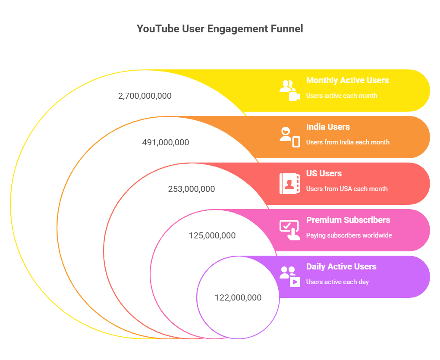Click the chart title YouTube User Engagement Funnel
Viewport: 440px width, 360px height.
(220, 29)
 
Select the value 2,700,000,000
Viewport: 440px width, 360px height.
(145, 96)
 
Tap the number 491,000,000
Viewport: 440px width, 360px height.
(165, 142)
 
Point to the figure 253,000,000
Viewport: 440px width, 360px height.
(191, 189)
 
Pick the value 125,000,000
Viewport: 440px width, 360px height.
(212, 235)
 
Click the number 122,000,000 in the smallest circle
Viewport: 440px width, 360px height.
(238, 297)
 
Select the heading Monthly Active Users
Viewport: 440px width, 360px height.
(347, 81)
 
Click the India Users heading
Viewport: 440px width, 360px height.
(328, 127)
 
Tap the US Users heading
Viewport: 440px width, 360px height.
(324, 174)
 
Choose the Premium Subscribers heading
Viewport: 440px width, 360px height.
(348, 220)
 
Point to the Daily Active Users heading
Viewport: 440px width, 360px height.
(341, 267)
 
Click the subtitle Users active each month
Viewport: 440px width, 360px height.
(341, 96)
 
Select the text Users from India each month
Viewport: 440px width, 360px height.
(348, 142)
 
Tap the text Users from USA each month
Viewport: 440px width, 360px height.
(347, 189)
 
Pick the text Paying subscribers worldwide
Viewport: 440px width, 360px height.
(349, 235)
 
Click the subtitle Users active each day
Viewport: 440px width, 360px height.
(337, 282)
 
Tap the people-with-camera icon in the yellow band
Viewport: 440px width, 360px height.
(289, 90)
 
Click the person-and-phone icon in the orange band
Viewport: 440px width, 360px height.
(289, 137)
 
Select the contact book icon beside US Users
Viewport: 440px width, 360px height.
(289, 183)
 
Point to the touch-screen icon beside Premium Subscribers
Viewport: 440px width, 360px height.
(289, 230)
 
